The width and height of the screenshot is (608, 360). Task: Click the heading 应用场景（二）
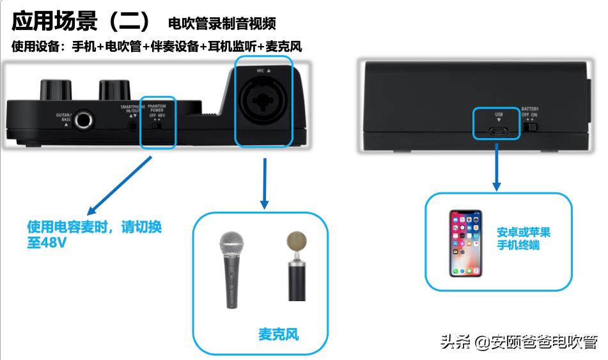coord(82,22)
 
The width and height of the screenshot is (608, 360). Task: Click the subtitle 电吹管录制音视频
coord(222,24)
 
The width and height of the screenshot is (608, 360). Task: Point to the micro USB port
coord(499,130)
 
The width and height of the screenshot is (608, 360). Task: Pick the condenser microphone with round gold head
coord(296,265)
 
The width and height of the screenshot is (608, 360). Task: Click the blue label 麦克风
coord(278,334)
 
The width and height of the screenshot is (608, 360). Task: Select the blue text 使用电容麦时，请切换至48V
coord(94,235)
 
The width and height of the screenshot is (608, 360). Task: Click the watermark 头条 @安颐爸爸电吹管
coord(518,342)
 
